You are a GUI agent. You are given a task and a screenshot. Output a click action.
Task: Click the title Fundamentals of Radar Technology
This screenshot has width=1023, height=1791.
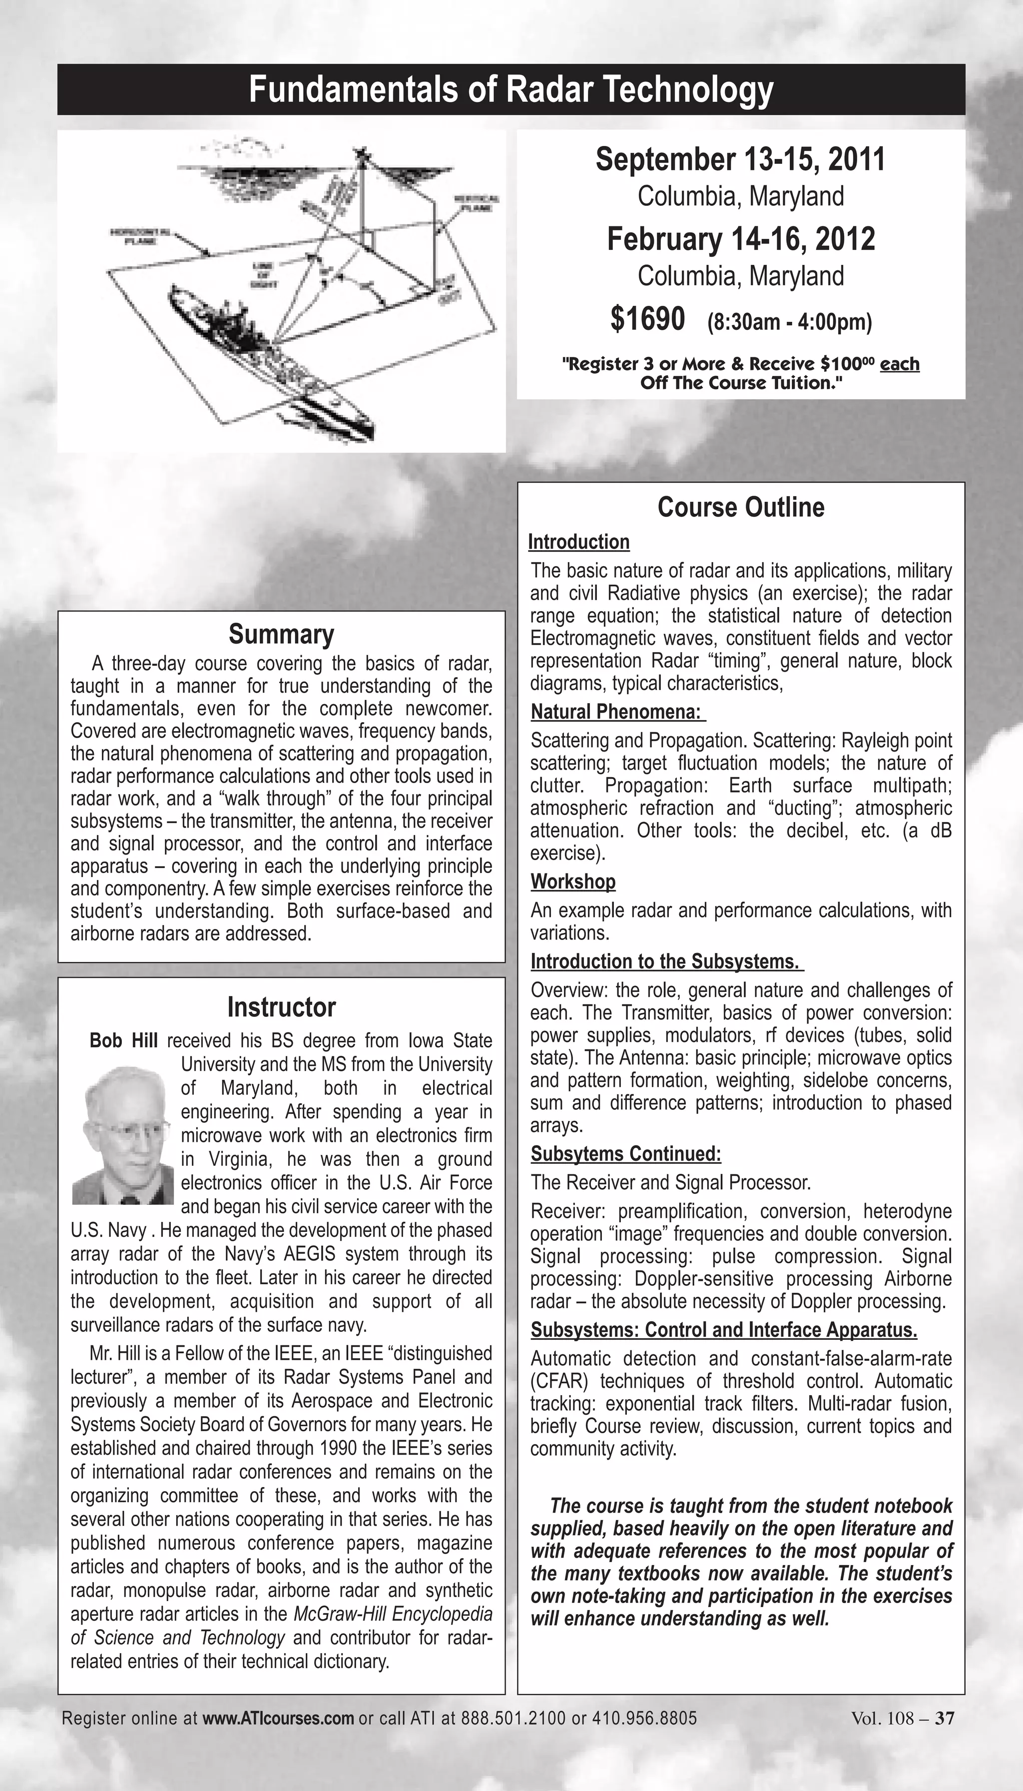[x=511, y=90]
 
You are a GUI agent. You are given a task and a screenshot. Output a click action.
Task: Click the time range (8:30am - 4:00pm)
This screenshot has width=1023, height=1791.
[x=789, y=322]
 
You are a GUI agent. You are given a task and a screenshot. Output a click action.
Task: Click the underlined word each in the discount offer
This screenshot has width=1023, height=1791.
[x=899, y=364]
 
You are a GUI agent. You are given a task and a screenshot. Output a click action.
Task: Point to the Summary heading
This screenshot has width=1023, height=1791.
[x=281, y=634]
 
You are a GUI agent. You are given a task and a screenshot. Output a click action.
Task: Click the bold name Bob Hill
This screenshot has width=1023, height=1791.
[x=124, y=1041]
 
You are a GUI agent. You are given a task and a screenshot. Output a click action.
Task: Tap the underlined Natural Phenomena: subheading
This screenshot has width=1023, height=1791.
[x=616, y=712]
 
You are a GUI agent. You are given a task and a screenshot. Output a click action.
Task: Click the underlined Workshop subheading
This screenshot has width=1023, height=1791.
[x=572, y=882]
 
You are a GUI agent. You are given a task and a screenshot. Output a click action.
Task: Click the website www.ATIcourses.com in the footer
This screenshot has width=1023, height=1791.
[x=278, y=1719]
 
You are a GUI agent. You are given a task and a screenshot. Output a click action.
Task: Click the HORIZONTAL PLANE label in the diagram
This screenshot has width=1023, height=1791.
[x=140, y=237]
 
